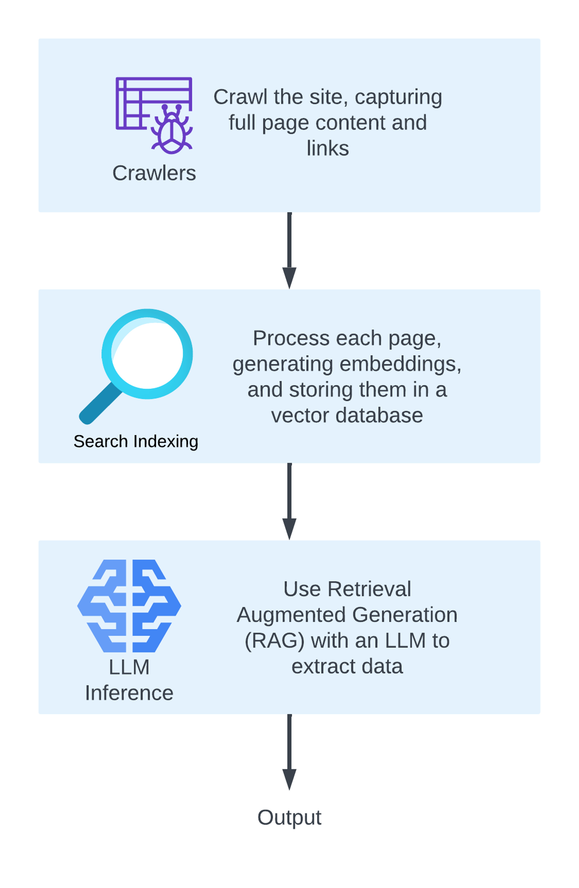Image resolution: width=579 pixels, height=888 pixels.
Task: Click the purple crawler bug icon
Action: (x=172, y=129)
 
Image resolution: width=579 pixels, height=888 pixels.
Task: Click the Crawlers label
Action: (x=154, y=173)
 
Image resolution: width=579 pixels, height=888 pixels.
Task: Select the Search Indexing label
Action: (x=136, y=441)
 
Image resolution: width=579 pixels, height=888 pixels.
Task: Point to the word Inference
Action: (x=129, y=693)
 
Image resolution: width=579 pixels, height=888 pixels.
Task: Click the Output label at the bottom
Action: (x=289, y=817)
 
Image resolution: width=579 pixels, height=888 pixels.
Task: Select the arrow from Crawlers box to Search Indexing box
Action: (x=289, y=250)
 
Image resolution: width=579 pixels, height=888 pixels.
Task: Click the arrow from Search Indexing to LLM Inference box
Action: (x=289, y=501)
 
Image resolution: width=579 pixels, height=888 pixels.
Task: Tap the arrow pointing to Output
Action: (x=289, y=752)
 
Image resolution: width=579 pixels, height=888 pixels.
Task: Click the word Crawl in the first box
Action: (x=240, y=97)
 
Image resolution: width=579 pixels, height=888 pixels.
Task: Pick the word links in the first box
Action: (x=327, y=149)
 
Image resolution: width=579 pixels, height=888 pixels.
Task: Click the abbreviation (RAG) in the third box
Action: (x=274, y=641)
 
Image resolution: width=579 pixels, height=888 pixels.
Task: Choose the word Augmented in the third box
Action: (x=291, y=615)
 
